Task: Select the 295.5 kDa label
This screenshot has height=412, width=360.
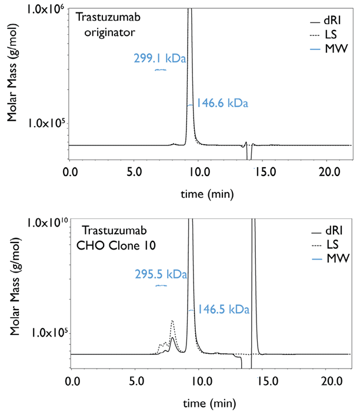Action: coord(161,274)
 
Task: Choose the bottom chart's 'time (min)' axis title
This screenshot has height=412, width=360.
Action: coord(204,403)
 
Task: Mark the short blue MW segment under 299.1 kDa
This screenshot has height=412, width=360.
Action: coord(161,69)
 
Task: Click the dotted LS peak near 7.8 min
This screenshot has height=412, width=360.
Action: coord(172,321)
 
